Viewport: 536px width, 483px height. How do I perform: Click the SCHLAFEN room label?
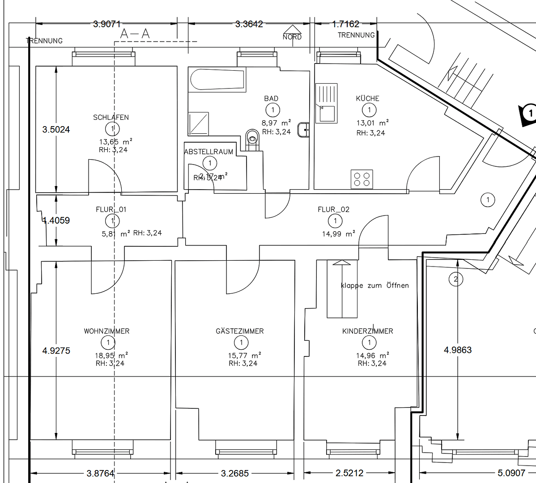pyautogui.click(x=111, y=118)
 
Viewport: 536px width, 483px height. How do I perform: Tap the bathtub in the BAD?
pyautogui.click(x=217, y=80)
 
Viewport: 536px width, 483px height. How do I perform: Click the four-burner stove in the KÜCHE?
pyautogui.click(x=362, y=179)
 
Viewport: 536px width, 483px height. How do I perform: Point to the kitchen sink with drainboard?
pyautogui.click(x=326, y=103)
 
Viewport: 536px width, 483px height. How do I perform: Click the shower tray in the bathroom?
pyautogui.click(x=199, y=123)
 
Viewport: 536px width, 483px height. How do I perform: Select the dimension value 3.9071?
pyautogui.click(x=106, y=24)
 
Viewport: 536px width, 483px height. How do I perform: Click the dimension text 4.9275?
pyautogui.click(x=56, y=351)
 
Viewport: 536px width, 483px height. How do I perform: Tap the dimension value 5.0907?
pyautogui.click(x=511, y=473)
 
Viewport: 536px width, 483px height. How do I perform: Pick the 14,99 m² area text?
pyautogui.click(x=338, y=233)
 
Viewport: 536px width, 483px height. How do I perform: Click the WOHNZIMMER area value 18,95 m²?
pyautogui.click(x=111, y=356)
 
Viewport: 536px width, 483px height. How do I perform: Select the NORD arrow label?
pyautogui.click(x=292, y=37)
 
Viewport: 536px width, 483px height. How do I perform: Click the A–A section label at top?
pyautogui.click(x=135, y=34)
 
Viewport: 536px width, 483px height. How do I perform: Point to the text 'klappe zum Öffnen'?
pyautogui.click(x=374, y=285)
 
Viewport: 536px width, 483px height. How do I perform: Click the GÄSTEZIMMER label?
pyautogui.click(x=240, y=331)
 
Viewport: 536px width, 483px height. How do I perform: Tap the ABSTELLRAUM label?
pyautogui.click(x=208, y=152)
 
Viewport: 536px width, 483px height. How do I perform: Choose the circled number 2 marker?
pyautogui.click(x=455, y=280)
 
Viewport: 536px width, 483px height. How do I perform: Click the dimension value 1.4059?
pyautogui.click(x=56, y=220)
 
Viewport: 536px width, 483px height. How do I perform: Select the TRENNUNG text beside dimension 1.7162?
pyautogui.click(x=356, y=35)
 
